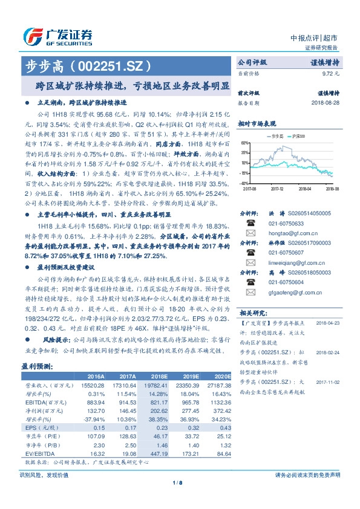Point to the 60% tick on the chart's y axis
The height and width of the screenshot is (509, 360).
pyautogui.click(x=244, y=143)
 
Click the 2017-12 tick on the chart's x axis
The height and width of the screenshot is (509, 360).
pyautogui.click(x=278, y=189)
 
